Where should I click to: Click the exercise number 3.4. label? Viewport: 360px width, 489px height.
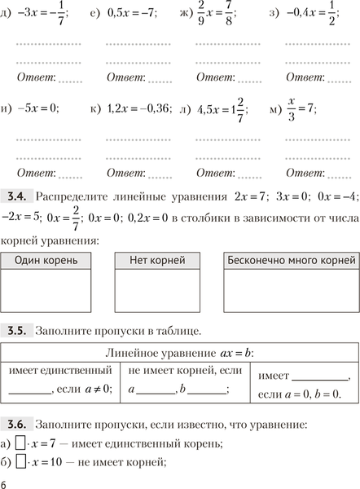17,196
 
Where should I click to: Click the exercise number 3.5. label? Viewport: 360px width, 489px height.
17,331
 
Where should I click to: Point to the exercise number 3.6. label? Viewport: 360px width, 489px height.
17,425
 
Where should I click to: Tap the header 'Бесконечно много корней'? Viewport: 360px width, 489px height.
290,261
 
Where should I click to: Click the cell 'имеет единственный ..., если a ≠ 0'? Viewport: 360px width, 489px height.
60,381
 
